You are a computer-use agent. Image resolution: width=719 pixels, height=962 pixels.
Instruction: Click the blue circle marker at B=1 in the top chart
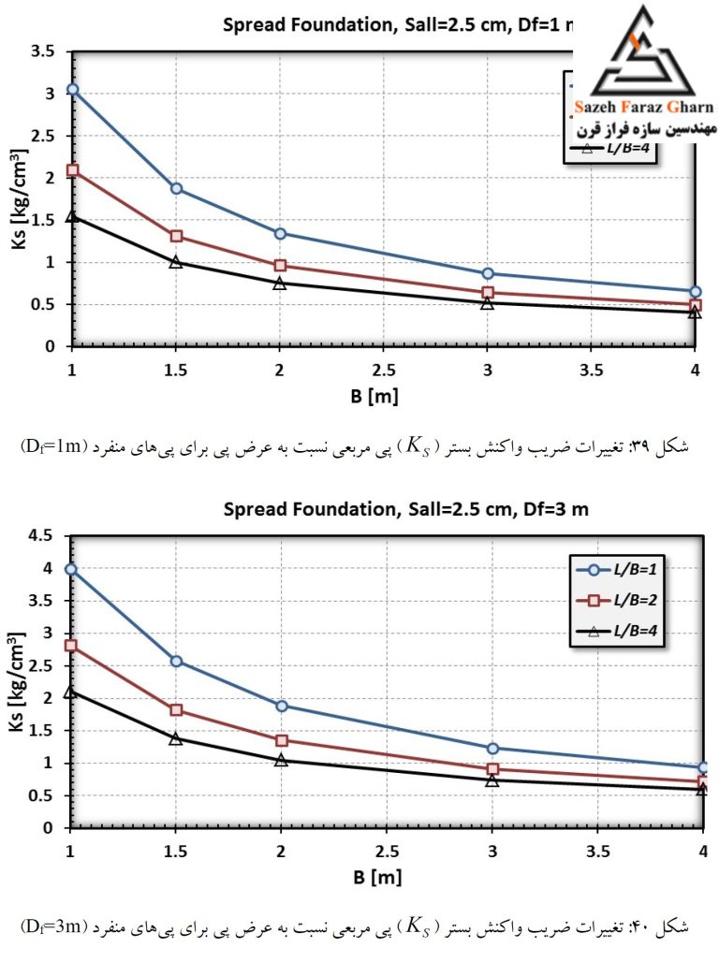(x=72, y=90)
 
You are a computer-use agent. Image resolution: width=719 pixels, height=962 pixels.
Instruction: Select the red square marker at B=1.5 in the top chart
(x=176, y=236)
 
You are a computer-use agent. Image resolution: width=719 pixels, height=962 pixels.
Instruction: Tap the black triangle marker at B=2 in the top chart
(x=279, y=283)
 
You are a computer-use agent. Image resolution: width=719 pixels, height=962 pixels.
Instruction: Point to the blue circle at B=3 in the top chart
(x=488, y=273)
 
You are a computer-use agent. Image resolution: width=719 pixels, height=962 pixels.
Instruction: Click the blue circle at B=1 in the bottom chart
(x=71, y=569)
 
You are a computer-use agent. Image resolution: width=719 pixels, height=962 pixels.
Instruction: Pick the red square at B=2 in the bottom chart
(x=281, y=740)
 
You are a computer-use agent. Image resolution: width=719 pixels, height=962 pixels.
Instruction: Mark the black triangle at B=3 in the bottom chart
(x=492, y=780)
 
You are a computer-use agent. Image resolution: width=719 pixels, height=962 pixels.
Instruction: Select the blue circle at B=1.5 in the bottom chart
(x=176, y=662)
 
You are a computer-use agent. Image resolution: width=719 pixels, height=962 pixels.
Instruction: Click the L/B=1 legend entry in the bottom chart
(x=617, y=569)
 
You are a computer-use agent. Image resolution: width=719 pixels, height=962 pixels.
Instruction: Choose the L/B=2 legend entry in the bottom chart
(x=617, y=600)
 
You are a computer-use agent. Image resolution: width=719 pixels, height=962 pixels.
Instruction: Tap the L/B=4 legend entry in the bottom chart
(x=617, y=631)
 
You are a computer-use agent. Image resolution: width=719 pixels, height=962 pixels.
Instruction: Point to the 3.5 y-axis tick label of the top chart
(x=42, y=51)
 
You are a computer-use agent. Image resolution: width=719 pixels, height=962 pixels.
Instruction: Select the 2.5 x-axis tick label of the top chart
(x=384, y=371)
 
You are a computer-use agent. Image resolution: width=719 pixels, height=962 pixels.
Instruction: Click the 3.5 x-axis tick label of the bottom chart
(x=598, y=852)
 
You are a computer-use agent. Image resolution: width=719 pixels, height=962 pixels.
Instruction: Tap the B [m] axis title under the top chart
(x=374, y=397)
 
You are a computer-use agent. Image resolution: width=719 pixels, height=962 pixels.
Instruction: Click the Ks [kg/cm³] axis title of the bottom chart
(x=17, y=681)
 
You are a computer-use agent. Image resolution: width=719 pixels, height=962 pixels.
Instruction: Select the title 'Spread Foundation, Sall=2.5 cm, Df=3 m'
(x=406, y=509)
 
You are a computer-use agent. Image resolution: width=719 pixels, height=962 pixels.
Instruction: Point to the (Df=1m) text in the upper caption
(x=54, y=446)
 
